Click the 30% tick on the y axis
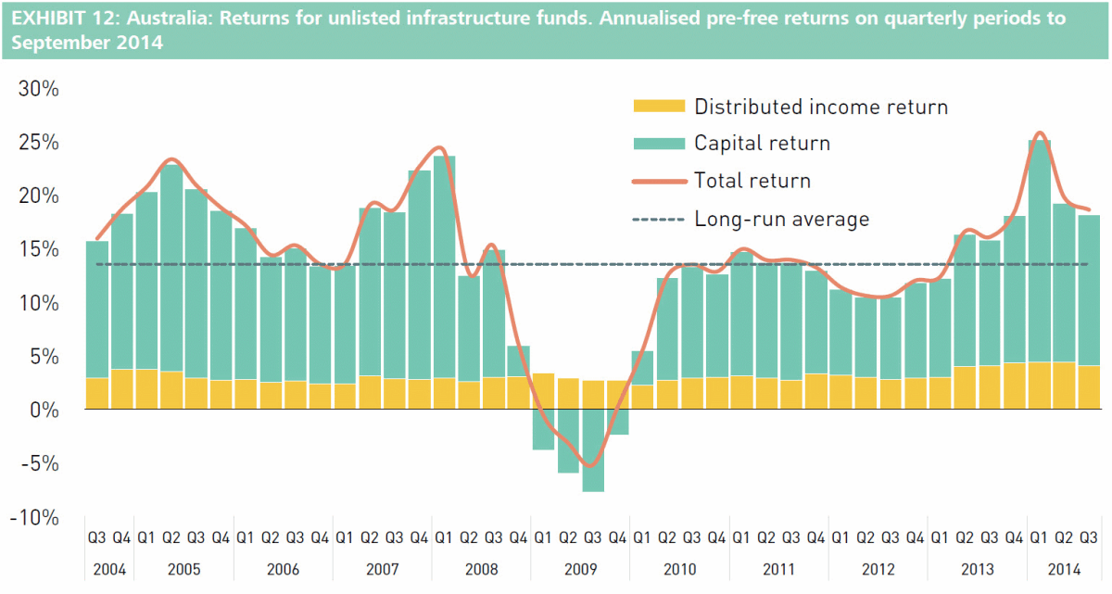[x=38, y=89]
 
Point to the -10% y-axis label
[x=34, y=518]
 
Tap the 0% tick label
[x=44, y=411]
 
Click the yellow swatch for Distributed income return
[x=659, y=106]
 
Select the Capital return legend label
[x=762, y=143]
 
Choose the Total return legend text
[x=752, y=180]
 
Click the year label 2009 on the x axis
[x=580, y=569]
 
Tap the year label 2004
[x=109, y=569]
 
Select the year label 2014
[x=1064, y=569]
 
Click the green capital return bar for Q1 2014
[x=1040, y=251]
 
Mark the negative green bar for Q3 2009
[x=593, y=450]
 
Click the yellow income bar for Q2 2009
[x=568, y=394]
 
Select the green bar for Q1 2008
[x=444, y=267]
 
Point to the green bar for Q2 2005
[x=171, y=268]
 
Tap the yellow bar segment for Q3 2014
[x=1089, y=387]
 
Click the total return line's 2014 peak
[x=1040, y=133]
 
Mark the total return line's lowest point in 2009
[x=591, y=466]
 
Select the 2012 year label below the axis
[x=878, y=569]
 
